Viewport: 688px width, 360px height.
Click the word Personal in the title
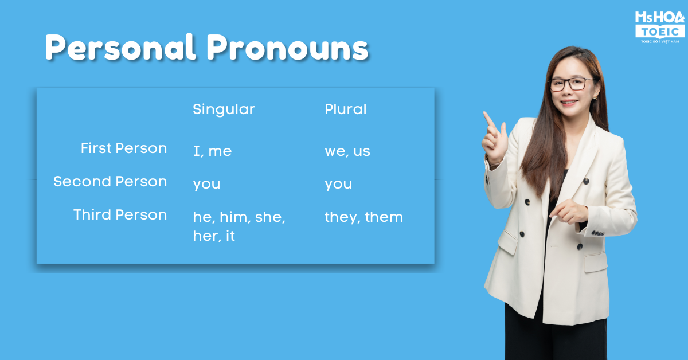tap(120, 48)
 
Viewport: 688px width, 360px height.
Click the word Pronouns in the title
tap(287, 48)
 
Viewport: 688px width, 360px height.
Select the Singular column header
tap(224, 109)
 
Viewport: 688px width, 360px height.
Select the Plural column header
tap(346, 109)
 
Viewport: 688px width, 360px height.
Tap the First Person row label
tap(124, 148)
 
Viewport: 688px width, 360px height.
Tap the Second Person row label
tap(110, 181)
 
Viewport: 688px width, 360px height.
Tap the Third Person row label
tap(120, 214)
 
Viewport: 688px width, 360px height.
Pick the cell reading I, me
tap(212, 151)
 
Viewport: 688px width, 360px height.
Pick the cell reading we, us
tap(347, 151)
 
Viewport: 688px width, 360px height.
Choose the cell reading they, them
tap(363, 217)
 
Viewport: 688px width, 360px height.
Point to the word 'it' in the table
tap(230, 236)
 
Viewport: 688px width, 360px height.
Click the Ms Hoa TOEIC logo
tap(660, 27)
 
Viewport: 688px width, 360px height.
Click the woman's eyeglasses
tap(571, 84)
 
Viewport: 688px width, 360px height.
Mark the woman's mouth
tap(569, 102)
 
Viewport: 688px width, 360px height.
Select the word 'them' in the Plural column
tap(384, 217)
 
